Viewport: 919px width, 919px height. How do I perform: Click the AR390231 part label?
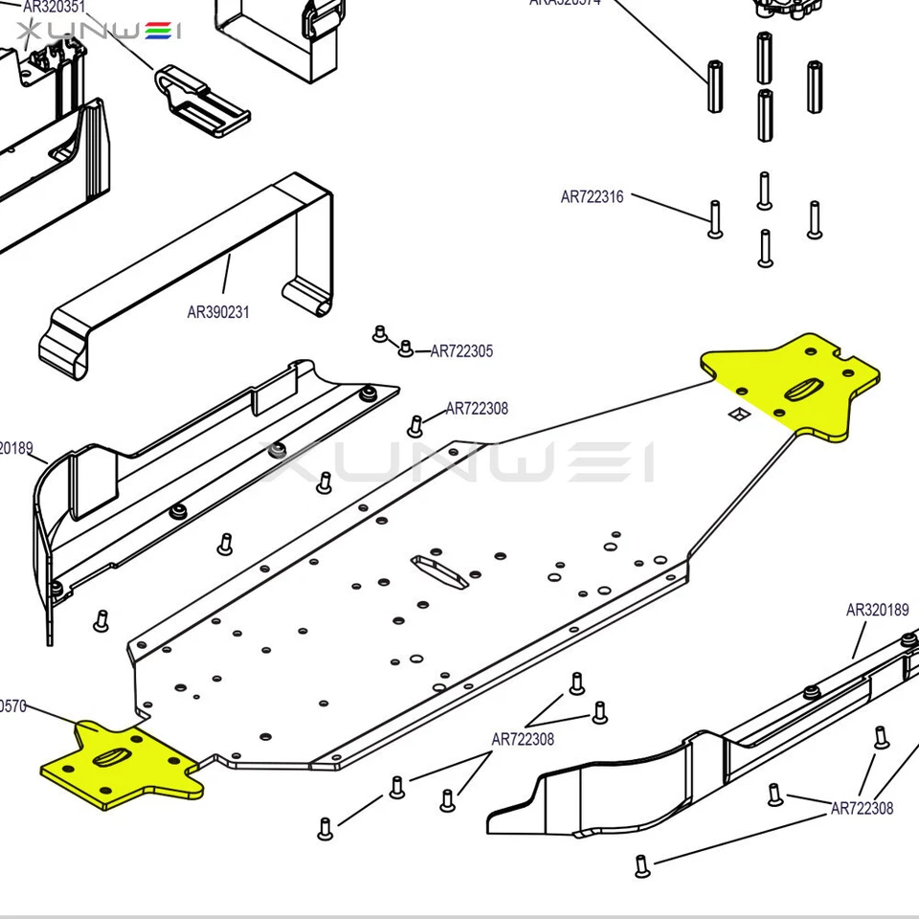pyautogui.click(x=218, y=312)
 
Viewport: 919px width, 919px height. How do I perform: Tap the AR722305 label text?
pyautogui.click(x=461, y=351)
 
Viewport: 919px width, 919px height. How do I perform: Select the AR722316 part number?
pyautogui.click(x=592, y=197)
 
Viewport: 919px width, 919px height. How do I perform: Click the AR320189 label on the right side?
pyautogui.click(x=877, y=610)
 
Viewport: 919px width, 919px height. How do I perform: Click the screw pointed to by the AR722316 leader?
pyautogui.click(x=715, y=219)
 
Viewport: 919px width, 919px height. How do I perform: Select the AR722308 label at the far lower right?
pyautogui.click(x=862, y=809)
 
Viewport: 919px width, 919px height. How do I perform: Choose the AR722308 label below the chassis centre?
pyautogui.click(x=523, y=739)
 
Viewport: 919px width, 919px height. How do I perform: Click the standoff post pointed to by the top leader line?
pyautogui.click(x=715, y=87)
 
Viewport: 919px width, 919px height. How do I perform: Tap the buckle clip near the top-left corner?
pyautogui.click(x=201, y=101)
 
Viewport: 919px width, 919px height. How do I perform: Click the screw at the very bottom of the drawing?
pyautogui.click(x=642, y=866)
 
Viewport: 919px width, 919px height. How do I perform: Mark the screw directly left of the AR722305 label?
pyautogui.click(x=405, y=347)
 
